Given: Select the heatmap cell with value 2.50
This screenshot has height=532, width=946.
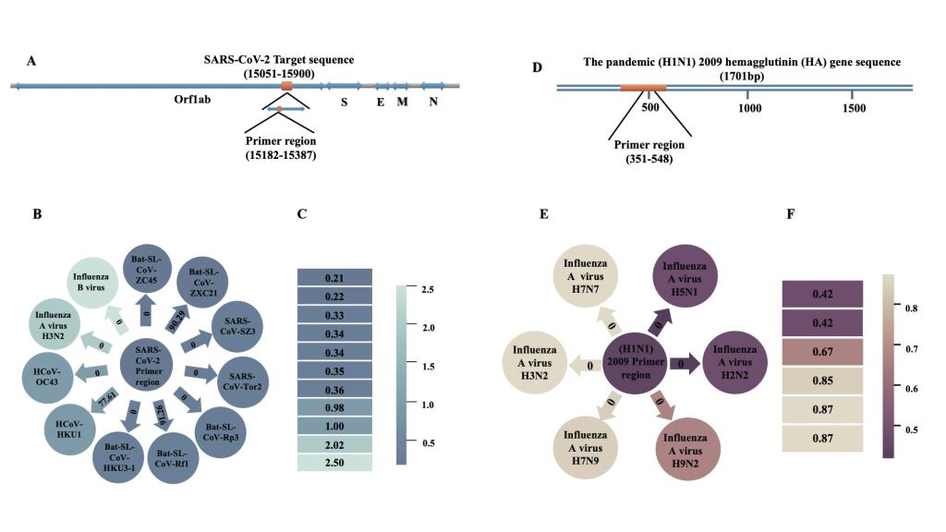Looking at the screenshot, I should [334, 462].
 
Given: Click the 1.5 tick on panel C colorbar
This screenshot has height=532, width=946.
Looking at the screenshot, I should [410, 367].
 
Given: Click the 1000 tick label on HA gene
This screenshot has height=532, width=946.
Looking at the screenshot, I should [749, 108].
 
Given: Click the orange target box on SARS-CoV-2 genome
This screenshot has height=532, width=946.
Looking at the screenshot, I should [286, 86].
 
